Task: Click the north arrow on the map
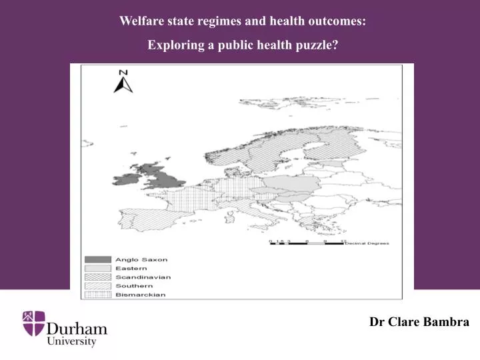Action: pyautogui.click(x=123, y=85)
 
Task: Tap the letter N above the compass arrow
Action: pyautogui.click(x=123, y=73)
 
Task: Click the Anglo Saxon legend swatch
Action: pyautogui.click(x=97, y=259)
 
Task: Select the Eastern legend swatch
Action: pyautogui.click(x=97, y=268)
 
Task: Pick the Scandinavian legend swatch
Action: pyautogui.click(x=97, y=277)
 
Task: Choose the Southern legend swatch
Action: pyautogui.click(x=97, y=285)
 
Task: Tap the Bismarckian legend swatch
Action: pyautogui.click(x=97, y=294)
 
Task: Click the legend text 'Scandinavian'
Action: pyautogui.click(x=143, y=277)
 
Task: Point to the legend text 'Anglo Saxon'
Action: pyautogui.click(x=141, y=259)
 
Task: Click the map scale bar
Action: pyautogui.click(x=307, y=243)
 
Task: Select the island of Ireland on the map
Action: pyautogui.click(x=127, y=179)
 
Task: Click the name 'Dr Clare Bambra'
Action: pyautogui.click(x=419, y=321)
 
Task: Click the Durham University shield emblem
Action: pyautogui.click(x=34, y=323)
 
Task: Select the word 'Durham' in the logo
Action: pyautogui.click(x=77, y=328)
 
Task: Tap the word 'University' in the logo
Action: pyautogui.click(x=71, y=341)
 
